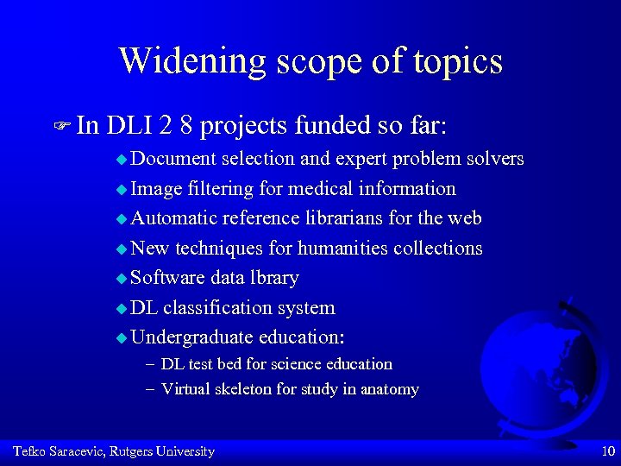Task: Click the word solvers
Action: pyautogui.click(x=494, y=159)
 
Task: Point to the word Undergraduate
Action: pyautogui.click(x=192, y=338)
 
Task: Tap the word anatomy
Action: pyautogui.click(x=390, y=389)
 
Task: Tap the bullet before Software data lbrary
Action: pyautogui.click(x=122, y=279)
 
